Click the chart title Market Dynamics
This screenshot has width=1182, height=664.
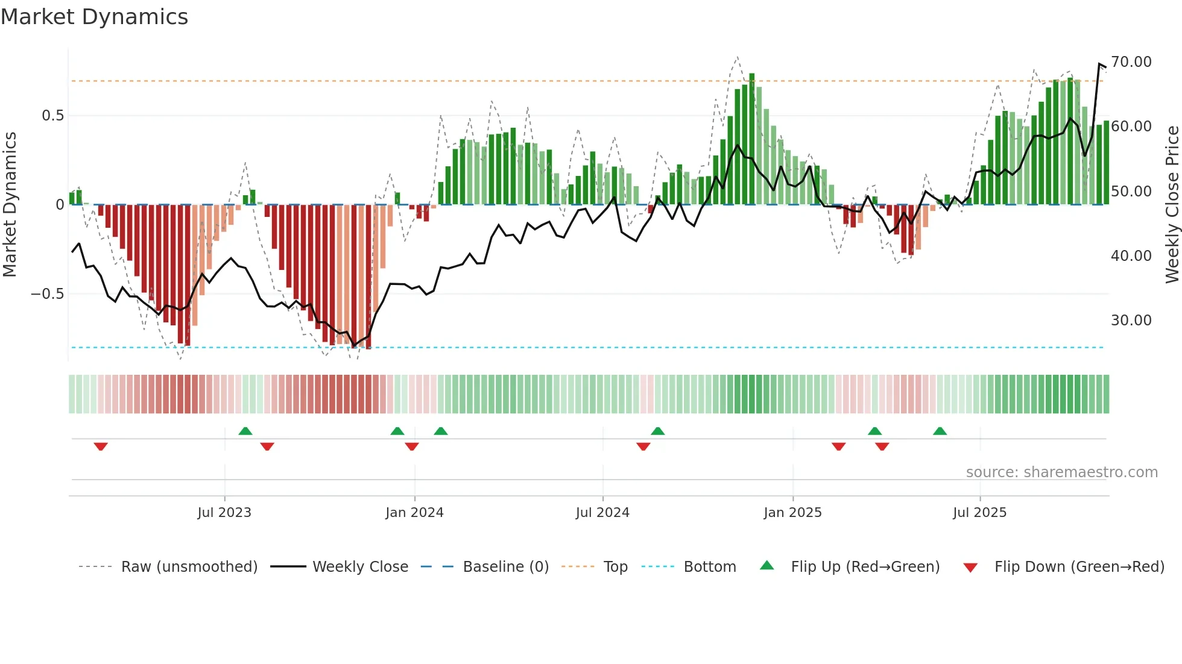[x=94, y=17]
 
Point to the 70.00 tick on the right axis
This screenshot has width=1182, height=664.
[x=1131, y=62]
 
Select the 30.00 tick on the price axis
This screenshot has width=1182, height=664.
[x=1131, y=321]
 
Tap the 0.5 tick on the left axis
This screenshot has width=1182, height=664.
[x=52, y=116]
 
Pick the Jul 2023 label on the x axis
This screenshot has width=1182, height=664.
[x=224, y=513]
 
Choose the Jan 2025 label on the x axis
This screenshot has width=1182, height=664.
[x=792, y=513]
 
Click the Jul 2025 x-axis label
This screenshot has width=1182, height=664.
[x=979, y=513]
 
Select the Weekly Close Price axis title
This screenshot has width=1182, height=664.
[x=1172, y=205]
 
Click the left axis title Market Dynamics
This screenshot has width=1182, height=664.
[x=10, y=205]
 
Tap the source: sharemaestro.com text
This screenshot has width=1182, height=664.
[x=1061, y=472]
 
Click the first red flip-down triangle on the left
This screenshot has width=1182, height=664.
[x=101, y=446]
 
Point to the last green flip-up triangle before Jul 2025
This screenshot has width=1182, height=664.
[x=940, y=431]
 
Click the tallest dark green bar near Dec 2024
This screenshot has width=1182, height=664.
[x=751, y=139]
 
